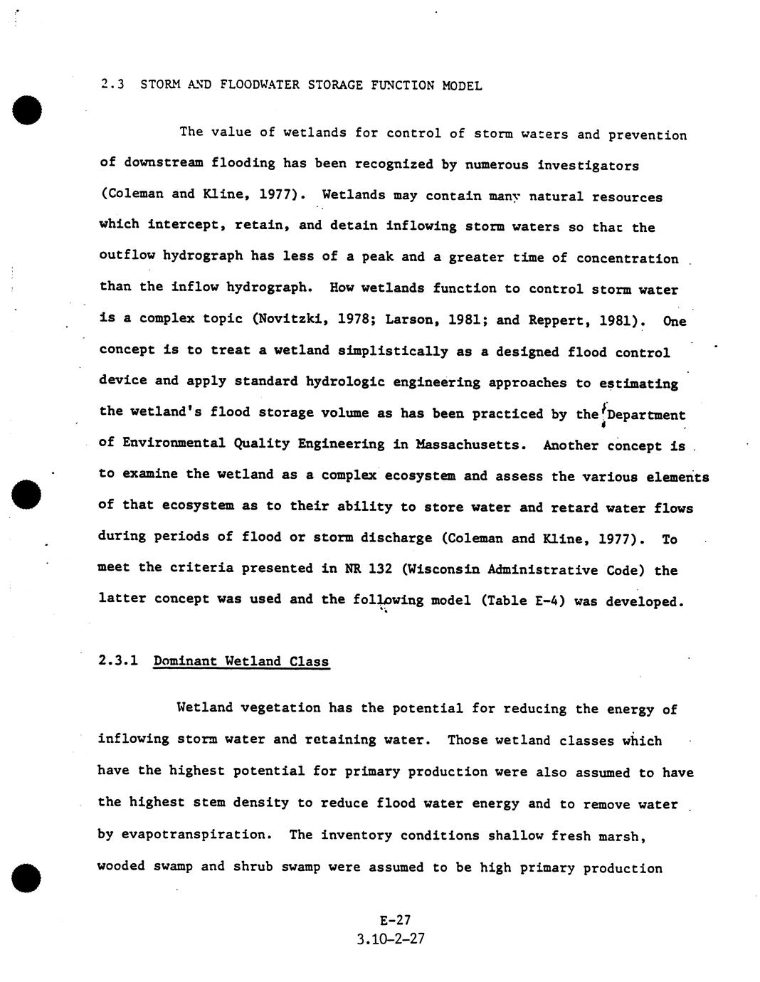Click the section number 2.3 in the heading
click(x=112, y=85)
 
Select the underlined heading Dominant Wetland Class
click(x=241, y=661)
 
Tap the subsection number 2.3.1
click(x=117, y=660)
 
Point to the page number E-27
click(x=395, y=919)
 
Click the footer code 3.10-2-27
click(x=391, y=939)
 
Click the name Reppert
click(x=557, y=320)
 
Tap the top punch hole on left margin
click(x=26, y=110)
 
